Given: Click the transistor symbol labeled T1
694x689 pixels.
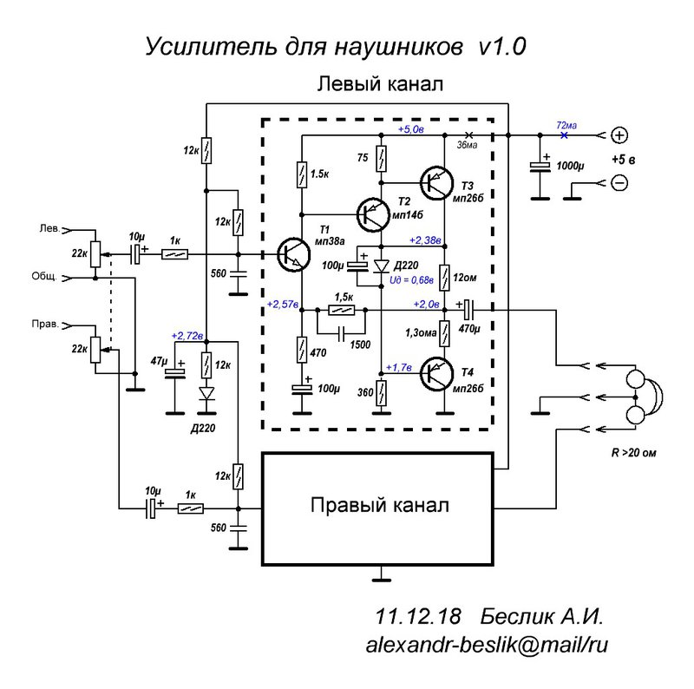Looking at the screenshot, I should [291, 254].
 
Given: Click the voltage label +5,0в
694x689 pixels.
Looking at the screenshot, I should [410, 129].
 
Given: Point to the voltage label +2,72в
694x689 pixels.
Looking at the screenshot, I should [187, 335].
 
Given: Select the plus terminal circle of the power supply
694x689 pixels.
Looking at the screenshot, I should [619, 135].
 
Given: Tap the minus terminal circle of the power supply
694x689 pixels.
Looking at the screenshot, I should [619, 183].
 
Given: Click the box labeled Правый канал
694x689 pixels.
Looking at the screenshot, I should [379, 506].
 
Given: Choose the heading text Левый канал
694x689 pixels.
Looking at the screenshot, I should [380, 84].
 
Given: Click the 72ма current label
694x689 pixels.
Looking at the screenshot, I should [566, 125].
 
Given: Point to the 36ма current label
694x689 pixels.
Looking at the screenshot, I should [467, 145].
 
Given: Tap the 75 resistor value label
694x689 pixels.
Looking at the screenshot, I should [363, 158].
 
